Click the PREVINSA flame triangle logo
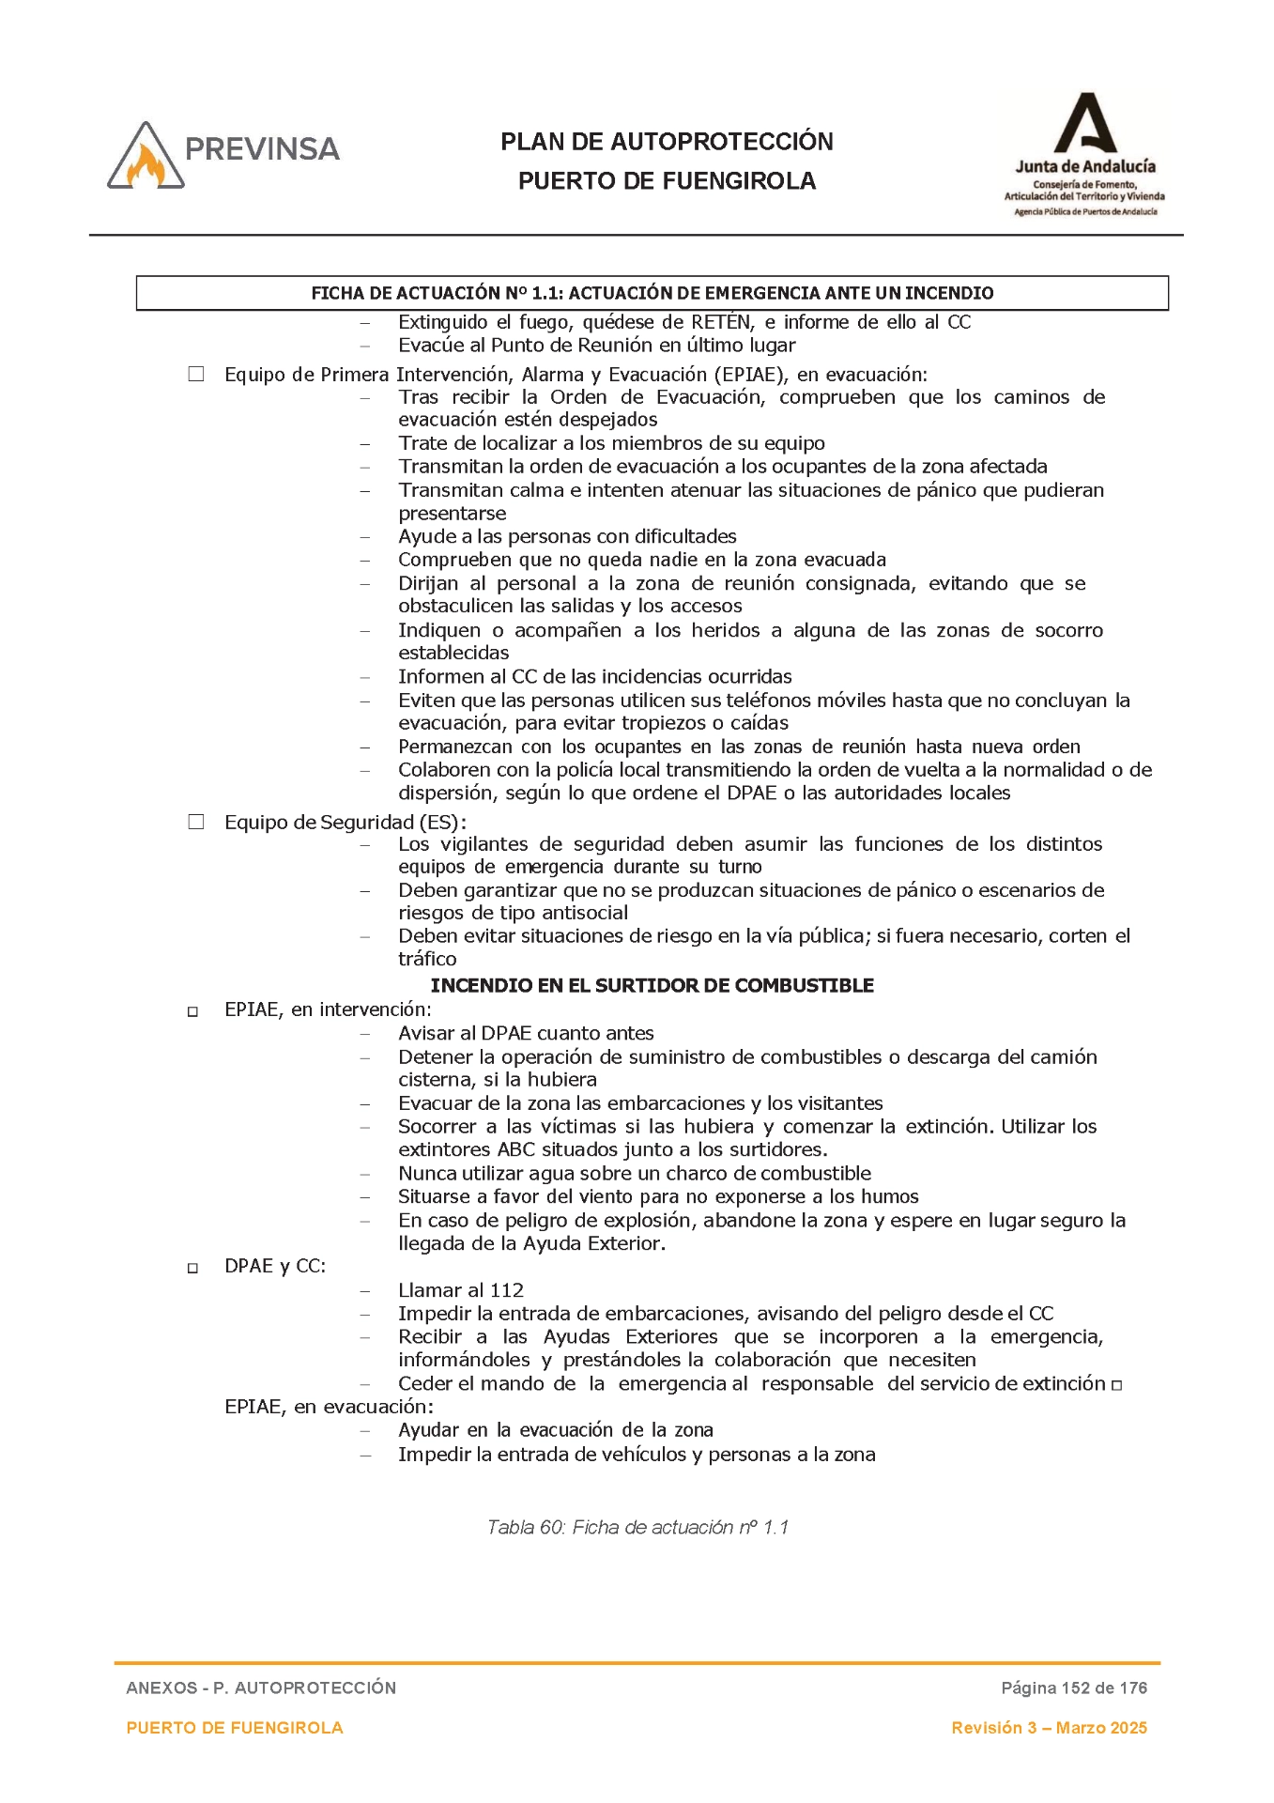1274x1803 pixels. (x=146, y=158)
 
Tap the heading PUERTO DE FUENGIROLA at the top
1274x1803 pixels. (x=667, y=181)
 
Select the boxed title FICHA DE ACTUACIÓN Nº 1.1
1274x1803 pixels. (x=652, y=293)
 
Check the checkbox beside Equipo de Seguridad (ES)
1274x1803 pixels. (x=196, y=823)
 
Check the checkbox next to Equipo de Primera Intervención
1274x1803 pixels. (x=196, y=375)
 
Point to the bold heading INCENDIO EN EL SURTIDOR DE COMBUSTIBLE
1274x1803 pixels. (x=652, y=986)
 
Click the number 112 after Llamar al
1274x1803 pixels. (x=507, y=1290)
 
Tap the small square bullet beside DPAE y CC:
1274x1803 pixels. (x=193, y=1269)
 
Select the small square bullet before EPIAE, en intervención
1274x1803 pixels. (x=193, y=1012)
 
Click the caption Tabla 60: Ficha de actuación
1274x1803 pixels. (x=637, y=1527)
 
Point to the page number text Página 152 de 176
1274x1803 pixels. (x=1074, y=1687)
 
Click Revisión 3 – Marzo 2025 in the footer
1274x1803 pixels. (x=1049, y=1728)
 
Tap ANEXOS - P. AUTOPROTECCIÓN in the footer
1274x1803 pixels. (x=261, y=1687)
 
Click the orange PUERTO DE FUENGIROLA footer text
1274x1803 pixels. (x=235, y=1728)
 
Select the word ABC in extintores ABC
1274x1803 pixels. (x=515, y=1149)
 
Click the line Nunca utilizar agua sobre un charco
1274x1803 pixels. (x=634, y=1173)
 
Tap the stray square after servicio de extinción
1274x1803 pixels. (x=1117, y=1385)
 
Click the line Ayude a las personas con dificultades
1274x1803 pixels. (x=567, y=536)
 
